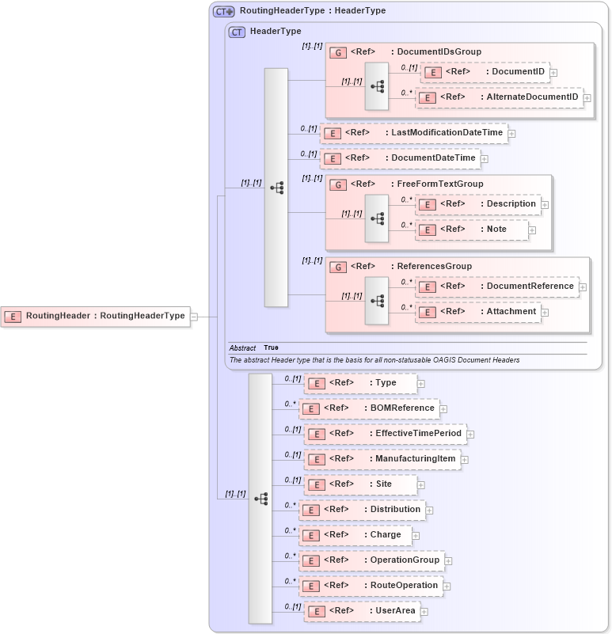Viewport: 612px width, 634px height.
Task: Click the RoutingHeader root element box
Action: (x=96, y=316)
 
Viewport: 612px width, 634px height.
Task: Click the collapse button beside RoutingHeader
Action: (x=194, y=317)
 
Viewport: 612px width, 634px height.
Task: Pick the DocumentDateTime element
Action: (x=400, y=158)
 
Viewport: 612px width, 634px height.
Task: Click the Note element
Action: (x=472, y=230)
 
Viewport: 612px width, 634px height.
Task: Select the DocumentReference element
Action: (x=497, y=287)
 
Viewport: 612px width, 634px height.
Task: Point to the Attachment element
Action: (x=478, y=312)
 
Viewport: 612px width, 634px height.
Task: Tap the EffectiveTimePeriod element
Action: (x=385, y=434)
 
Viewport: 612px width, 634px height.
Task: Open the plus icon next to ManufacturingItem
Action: (x=464, y=460)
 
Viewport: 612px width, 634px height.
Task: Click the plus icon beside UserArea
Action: (x=424, y=612)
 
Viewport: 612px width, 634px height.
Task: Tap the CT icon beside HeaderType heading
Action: (x=237, y=32)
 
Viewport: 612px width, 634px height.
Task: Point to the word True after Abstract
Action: (x=271, y=347)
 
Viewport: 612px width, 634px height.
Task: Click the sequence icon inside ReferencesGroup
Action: (x=377, y=300)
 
